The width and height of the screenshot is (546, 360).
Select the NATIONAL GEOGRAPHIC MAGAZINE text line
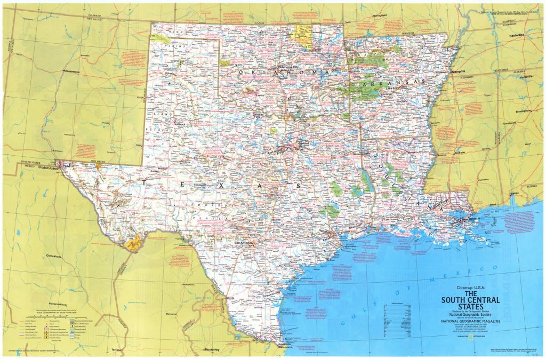click(462, 322)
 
